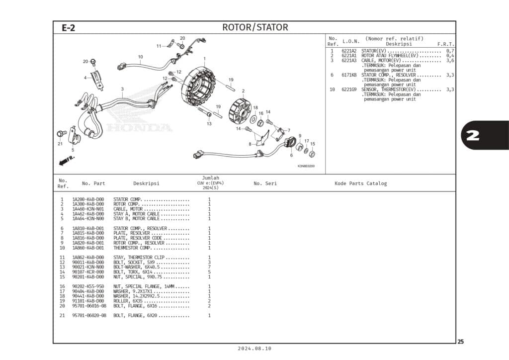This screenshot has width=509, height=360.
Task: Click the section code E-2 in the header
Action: [69, 28]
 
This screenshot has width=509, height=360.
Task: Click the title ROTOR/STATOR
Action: [254, 27]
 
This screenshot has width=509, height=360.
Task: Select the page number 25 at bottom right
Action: [461, 342]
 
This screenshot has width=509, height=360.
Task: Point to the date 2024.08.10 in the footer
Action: [254, 349]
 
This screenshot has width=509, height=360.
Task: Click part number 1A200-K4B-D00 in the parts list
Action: [88, 199]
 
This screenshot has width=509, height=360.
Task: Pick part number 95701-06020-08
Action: [89, 315]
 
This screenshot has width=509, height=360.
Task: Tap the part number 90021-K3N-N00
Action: [88, 267]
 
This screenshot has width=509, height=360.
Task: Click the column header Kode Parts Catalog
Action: [360, 183]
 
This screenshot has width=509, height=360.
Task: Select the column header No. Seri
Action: [265, 183]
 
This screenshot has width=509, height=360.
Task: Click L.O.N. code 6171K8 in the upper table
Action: [349, 75]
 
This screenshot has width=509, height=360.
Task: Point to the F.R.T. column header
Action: [445, 44]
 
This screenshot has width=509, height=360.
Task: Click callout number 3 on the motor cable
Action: [122, 89]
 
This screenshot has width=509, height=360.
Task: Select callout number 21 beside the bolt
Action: [60, 144]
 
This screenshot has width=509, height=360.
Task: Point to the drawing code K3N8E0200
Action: [306, 167]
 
